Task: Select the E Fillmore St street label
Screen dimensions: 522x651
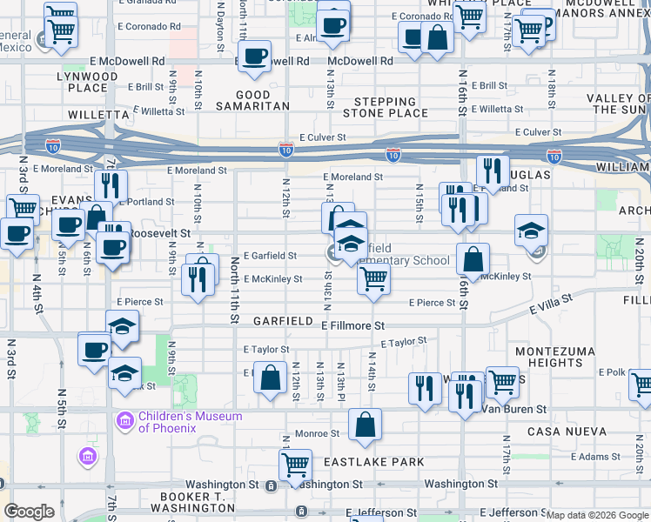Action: pyautogui.click(x=352, y=325)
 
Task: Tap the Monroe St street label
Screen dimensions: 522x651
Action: pyautogui.click(x=317, y=433)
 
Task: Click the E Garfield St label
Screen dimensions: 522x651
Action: pyautogui.click(x=271, y=256)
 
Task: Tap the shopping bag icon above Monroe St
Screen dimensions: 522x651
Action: pyautogui.click(x=366, y=425)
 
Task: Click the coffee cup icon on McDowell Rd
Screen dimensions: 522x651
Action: pyautogui.click(x=254, y=57)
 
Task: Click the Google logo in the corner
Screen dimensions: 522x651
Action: pyautogui.click(x=29, y=512)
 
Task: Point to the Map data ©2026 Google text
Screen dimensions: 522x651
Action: pyautogui.click(x=596, y=515)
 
